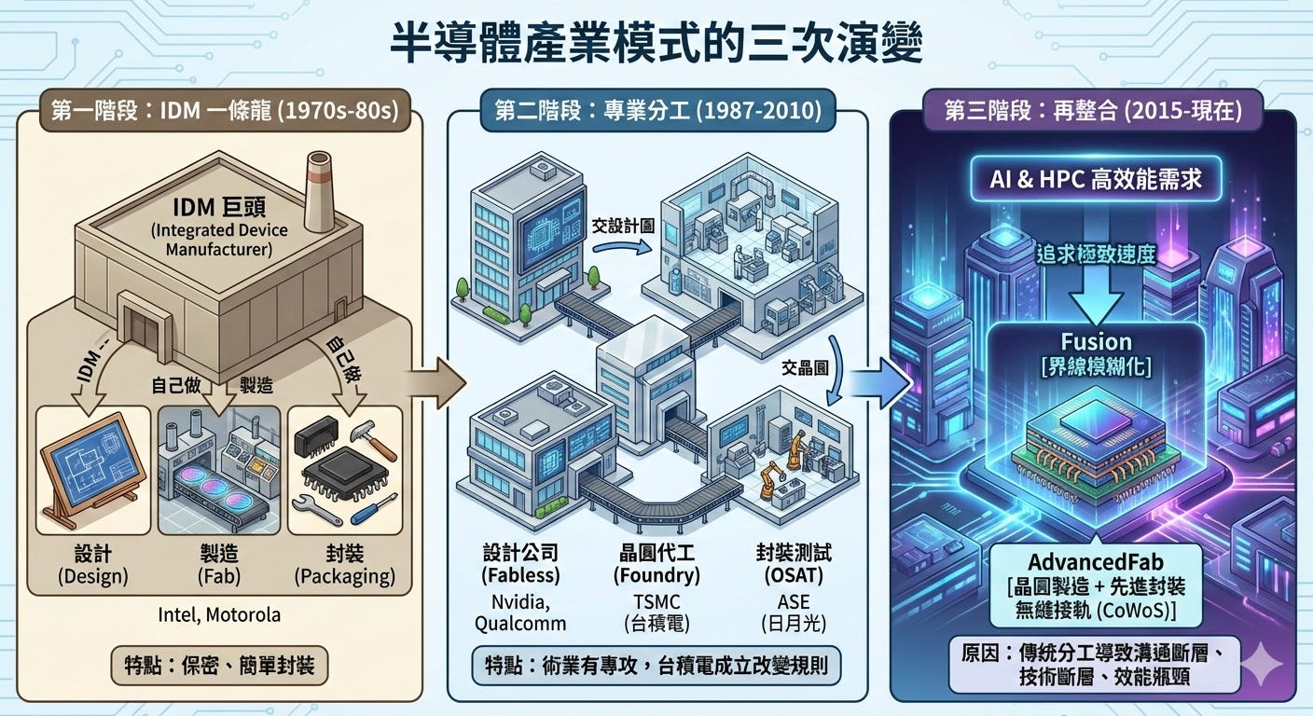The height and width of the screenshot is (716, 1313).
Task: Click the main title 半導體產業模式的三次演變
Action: (656, 44)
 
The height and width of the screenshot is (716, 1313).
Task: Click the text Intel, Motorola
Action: (220, 614)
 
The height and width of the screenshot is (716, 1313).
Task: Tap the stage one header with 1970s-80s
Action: (219, 112)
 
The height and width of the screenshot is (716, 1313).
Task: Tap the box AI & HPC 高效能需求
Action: (1092, 179)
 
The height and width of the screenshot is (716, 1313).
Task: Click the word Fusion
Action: (1096, 341)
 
